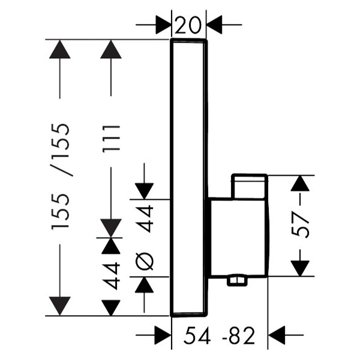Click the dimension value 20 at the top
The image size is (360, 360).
click(x=188, y=25)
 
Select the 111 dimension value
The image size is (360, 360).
click(x=112, y=139)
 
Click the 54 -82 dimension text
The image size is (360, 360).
click(x=219, y=335)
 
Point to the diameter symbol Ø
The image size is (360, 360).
click(x=144, y=261)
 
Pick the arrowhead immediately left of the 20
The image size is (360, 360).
click(x=163, y=25)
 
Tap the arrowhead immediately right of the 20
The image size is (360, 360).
click(x=214, y=25)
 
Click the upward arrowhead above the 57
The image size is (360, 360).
click(x=300, y=183)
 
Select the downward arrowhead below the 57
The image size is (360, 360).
click(x=300, y=268)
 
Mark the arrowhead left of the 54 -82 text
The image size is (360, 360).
click(x=163, y=335)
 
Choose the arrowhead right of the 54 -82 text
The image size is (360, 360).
click(x=277, y=335)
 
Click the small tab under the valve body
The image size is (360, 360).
click(x=237, y=281)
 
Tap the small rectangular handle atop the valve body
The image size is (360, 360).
click(x=250, y=186)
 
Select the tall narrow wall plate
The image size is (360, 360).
click(x=189, y=178)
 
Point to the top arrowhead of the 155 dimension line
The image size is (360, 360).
click(x=60, y=49)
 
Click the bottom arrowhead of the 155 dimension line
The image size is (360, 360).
click(x=60, y=306)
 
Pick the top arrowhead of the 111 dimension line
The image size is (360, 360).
click(x=111, y=49)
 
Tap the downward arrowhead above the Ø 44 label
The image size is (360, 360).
click(x=144, y=191)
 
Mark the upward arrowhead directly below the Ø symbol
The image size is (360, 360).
click(x=144, y=284)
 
